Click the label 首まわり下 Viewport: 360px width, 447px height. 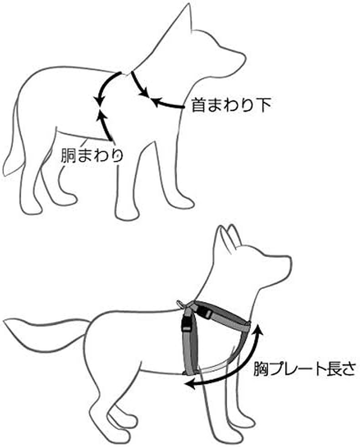pos(231,106)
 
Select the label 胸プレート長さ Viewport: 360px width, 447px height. pos(304,369)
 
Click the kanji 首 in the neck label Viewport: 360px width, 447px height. pos(198,106)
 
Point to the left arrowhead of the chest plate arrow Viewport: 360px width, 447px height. pos(191,384)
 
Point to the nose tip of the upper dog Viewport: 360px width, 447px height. pos(244,57)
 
